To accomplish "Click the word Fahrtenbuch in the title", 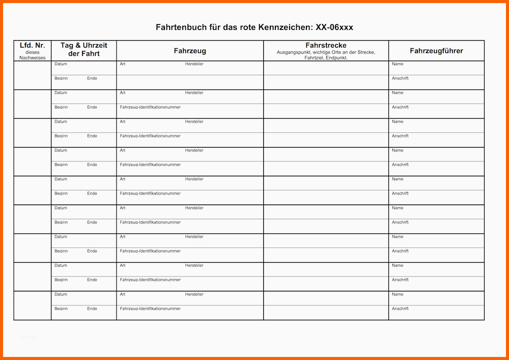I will point(181,27).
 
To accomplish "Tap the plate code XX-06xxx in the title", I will point(334,27).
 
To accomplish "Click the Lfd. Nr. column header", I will point(33,45).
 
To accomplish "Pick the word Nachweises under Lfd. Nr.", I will point(33,58).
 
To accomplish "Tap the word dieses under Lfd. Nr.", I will point(33,52).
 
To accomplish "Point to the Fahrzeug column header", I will point(190,51).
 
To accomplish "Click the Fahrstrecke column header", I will point(326,45).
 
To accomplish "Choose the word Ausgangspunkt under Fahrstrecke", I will point(294,52).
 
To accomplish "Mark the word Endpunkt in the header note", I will point(336,58).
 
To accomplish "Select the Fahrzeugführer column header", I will point(436,51).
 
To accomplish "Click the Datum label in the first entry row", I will point(61,64).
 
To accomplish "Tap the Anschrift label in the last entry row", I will point(400,309).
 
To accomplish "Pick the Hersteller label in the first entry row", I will point(194,64).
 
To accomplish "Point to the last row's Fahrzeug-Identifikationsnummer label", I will point(150,309).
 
